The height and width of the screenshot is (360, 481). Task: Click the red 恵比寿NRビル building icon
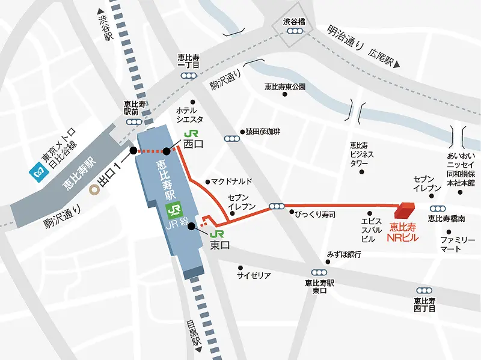tap(404, 211)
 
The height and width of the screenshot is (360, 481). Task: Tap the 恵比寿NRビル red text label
tap(402, 232)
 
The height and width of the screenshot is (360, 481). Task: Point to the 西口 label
tap(195, 144)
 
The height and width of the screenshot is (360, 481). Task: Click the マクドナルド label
tap(230, 181)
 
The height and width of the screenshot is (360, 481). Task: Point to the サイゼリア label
tap(253, 275)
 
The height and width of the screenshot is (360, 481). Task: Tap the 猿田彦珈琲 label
tap(263, 132)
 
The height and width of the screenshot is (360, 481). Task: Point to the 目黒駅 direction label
tap(193, 333)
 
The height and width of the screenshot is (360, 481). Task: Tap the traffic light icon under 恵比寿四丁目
tap(424, 290)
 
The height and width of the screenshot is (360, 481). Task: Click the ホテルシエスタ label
tap(189, 115)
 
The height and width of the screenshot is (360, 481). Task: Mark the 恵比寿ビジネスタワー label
tap(362, 154)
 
